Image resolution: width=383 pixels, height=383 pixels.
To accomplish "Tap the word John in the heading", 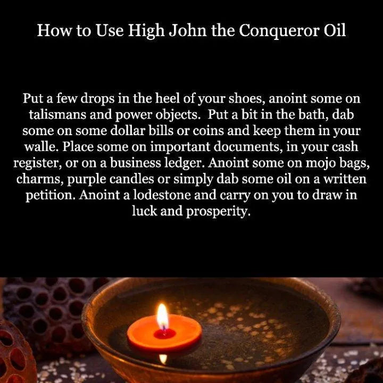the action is pos(188,30).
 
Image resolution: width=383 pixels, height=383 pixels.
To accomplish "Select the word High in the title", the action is pos(146,31).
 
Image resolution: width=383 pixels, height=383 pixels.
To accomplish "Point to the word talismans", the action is pos(57,114).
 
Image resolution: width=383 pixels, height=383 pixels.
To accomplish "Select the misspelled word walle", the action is pos(41,147).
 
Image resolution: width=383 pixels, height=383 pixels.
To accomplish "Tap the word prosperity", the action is pos(218,212).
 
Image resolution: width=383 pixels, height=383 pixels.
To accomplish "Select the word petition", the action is pos(51,195).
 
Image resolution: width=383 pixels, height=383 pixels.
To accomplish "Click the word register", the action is pos(38,163).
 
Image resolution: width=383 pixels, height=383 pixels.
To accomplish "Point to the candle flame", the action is pos(162,317).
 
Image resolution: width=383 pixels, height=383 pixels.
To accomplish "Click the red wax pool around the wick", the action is pos(164,334).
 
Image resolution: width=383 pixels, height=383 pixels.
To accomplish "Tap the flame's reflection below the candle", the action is pos(163,359).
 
